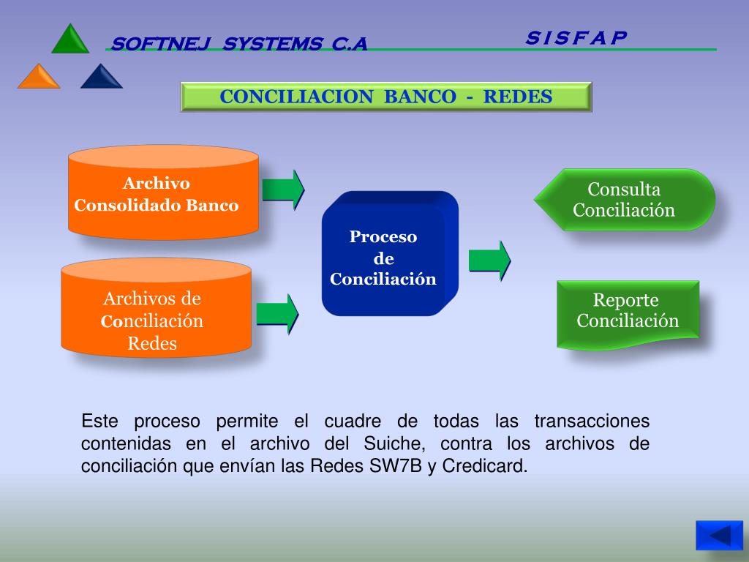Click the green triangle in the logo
(70, 41)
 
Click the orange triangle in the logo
(39, 78)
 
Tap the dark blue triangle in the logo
(101, 78)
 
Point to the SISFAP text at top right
(576, 37)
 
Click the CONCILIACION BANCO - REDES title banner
(386, 97)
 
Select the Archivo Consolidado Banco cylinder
(163, 194)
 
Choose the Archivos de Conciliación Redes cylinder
(155, 310)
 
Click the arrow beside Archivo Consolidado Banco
(283, 190)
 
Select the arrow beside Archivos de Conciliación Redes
(277, 313)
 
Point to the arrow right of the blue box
(489, 260)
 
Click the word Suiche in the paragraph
(391, 444)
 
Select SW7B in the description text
(396, 466)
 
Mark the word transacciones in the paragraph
(592, 421)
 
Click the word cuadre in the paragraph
(353, 421)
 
